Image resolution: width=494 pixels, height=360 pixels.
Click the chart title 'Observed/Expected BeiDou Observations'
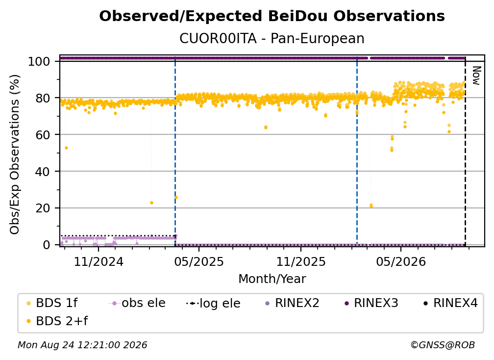[x=272, y=16]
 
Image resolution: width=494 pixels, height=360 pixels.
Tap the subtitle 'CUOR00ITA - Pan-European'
[x=272, y=39]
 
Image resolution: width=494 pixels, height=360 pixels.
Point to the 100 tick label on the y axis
[x=39, y=61]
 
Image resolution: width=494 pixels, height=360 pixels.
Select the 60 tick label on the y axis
[x=43, y=135]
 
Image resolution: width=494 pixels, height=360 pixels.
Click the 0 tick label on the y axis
[x=47, y=245]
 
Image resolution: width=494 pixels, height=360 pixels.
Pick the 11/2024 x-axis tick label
[x=99, y=261]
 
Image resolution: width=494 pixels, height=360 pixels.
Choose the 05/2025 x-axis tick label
[x=199, y=261]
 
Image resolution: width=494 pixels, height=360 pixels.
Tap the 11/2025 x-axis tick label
[x=301, y=261]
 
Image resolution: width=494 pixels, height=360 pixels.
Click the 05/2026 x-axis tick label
[x=401, y=261]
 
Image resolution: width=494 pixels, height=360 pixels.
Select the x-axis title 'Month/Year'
[x=272, y=279]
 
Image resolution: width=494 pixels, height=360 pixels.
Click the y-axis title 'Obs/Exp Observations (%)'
[x=15, y=154]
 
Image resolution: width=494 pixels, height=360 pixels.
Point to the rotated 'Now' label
[x=476, y=76]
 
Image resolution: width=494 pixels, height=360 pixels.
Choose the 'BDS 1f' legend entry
[x=52, y=303]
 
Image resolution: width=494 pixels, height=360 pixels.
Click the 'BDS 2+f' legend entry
[x=57, y=321]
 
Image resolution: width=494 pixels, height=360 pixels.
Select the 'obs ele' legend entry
[x=137, y=303]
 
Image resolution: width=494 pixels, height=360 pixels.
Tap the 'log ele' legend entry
[x=213, y=303]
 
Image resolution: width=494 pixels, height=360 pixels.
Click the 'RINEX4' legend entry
[x=450, y=303]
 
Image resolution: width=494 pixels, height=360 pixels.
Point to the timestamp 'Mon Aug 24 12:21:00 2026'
[x=82, y=345]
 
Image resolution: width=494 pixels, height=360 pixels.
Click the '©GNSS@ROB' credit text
[x=443, y=345]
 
